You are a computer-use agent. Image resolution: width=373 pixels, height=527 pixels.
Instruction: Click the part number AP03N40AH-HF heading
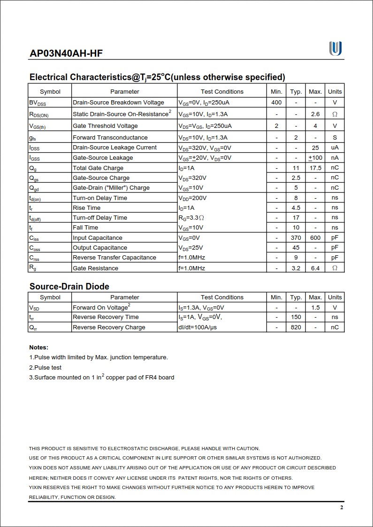[x=66, y=53]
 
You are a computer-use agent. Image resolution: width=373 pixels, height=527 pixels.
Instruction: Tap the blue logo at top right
[x=335, y=48]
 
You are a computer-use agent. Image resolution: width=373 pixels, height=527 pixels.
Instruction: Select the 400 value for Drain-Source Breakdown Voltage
[x=276, y=103]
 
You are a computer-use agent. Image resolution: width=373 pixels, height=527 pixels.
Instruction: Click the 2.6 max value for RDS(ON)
[x=315, y=114]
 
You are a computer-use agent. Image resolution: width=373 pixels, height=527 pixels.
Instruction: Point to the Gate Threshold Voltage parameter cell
[x=105, y=126]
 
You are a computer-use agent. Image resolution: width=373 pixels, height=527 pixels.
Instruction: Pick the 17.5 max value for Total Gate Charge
[x=315, y=168]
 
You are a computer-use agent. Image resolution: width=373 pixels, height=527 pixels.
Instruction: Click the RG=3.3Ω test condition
[x=191, y=218]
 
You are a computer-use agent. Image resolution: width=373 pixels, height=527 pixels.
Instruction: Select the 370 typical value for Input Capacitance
[x=296, y=238]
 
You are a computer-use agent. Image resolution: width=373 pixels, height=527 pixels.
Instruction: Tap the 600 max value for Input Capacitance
[x=315, y=238]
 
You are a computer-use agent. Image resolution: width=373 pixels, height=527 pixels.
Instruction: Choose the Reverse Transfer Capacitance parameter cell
[x=114, y=258]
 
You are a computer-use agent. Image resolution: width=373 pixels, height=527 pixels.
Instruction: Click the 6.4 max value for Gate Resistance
[x=315, y=268]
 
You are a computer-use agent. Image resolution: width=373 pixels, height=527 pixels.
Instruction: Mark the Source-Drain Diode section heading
[x=69, y=287]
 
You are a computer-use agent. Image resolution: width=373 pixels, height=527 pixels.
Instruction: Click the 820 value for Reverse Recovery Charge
[x=296, y=327]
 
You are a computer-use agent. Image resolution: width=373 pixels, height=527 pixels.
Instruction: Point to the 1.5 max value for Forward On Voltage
[x=315, y=308]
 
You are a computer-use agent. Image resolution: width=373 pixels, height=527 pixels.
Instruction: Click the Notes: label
[x=38, y=348]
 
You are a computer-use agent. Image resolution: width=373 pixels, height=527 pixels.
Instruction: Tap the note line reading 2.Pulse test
[x=45, y=368]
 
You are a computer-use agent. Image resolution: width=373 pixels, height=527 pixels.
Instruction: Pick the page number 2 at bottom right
[x=342, y=508]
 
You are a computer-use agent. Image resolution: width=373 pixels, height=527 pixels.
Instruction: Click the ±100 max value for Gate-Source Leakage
[x=315, y=158]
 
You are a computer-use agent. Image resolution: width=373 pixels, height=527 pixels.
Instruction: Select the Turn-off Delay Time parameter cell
[x=99, y=218]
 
